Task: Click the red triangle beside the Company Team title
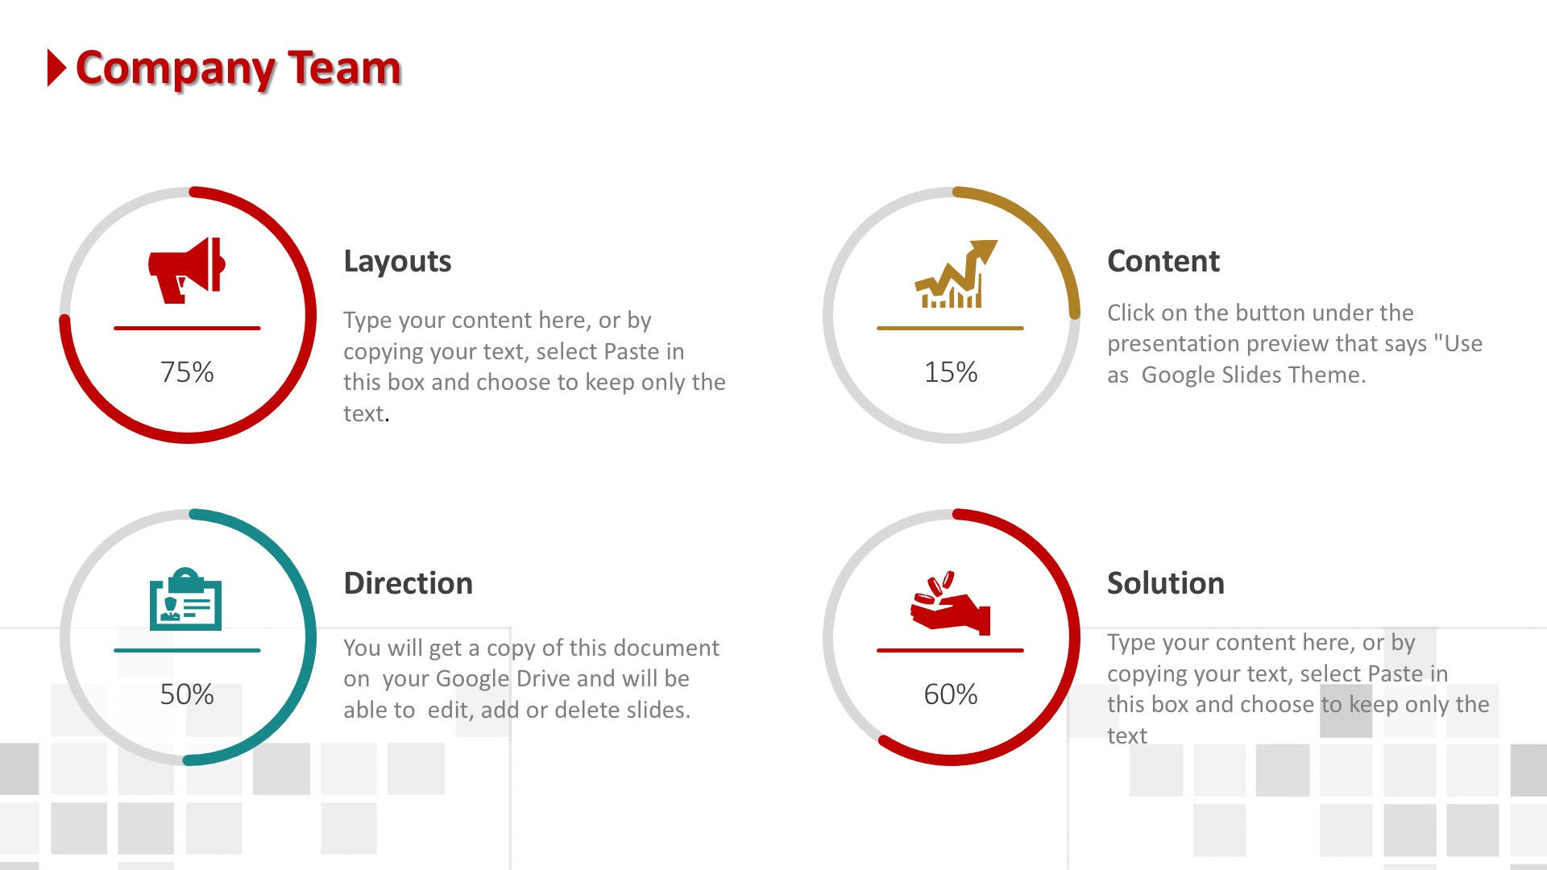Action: pos(56,68)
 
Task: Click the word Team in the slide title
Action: pos(345,68)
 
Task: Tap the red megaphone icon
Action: pos(186,270)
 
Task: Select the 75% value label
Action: pos(187,372)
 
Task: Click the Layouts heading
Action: pos(397,262)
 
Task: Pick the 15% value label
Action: pos(951,372)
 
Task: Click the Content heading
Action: pos(1163,261)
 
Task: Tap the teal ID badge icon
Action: pos(185,599)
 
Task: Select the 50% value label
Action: pos(187,694)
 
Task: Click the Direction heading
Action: pos(409,583)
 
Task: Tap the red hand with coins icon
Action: pos(950,603)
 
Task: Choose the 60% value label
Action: pos(951,694)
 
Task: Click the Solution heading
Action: pos(1166,583)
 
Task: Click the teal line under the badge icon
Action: pos(187,650)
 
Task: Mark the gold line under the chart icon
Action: pos(950,328)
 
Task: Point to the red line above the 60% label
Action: pos(950,650)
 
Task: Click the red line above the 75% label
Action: pos(187,328)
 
